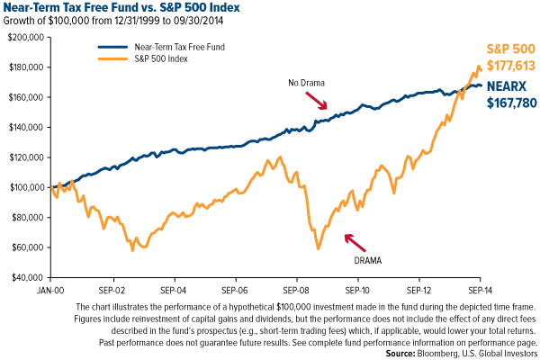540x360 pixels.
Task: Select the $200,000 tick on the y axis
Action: [x=25, y=38]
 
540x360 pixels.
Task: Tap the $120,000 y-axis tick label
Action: [x=25, y=157]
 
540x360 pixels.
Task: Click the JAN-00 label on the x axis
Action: [x=50, y=292]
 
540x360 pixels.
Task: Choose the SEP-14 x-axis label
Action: [x=479, y=292]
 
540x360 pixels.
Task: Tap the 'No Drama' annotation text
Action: [x=307, y=84]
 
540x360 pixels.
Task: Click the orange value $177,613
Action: [x=510, y=66]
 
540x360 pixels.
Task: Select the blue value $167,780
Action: [x=511, y=102]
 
